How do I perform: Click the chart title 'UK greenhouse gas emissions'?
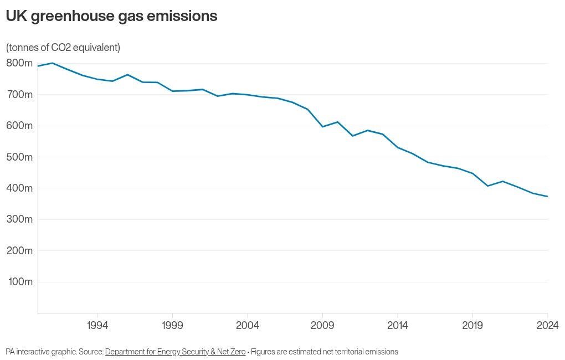[x=111, y=16]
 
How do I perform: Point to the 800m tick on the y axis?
[x=19, y=63]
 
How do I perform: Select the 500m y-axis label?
[x=19, y=157]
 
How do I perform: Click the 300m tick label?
[x=19, y=219]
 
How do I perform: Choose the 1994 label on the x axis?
[x=97, y=325]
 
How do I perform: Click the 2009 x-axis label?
[x=323, y=325]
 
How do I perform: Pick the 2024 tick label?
[x=547, y=325]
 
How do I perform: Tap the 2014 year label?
[x=398, y=325]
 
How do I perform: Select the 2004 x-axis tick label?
[x=248, y=325]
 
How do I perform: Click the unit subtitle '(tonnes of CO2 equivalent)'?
[x=63, y=48]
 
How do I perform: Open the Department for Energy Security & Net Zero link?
[x=175, y=352]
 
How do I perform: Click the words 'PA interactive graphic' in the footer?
[x=40, y=352]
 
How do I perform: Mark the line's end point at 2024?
[x=547, y=197]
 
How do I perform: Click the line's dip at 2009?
[x=323, y=127]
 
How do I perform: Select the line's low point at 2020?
[x=488, y=186]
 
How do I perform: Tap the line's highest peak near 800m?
[x=52, y=63]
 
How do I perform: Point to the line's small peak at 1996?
[x=127, y=75]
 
